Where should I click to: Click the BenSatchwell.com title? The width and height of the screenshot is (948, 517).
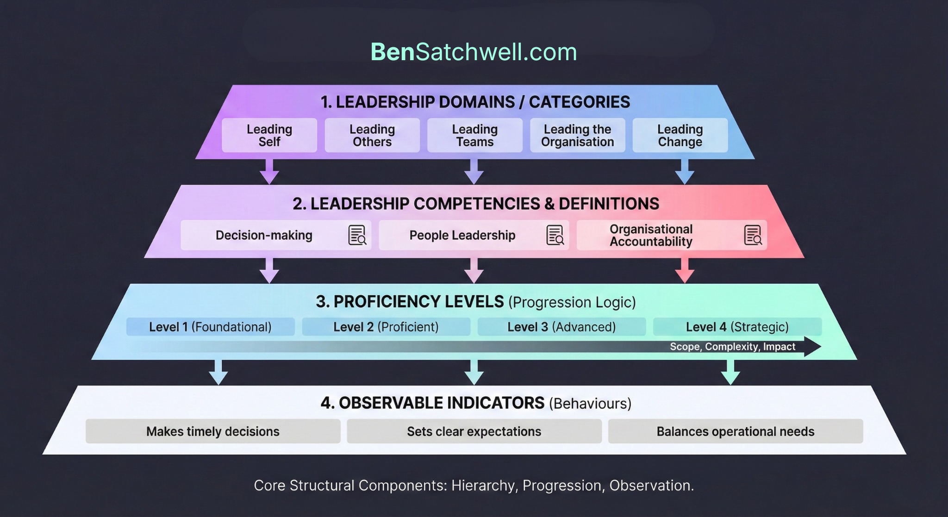(474, 52)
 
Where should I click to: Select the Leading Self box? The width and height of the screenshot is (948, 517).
(269, 135)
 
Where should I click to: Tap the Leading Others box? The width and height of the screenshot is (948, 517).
(372, 135)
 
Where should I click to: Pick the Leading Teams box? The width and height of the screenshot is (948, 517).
(475, 135)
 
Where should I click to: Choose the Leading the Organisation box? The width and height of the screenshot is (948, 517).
(577, 135)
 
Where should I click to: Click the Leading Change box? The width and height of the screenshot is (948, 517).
(680, 135)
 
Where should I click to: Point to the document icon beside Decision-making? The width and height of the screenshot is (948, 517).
(357, 235)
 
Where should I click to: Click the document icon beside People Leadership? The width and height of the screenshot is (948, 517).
(555, 235)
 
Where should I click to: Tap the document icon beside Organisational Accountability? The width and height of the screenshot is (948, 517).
(753, 235)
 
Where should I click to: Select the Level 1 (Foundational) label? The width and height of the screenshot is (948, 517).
(210, 327)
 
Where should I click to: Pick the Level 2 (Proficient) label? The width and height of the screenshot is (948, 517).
(386, 327)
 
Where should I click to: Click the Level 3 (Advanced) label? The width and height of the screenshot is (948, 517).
(561, 327)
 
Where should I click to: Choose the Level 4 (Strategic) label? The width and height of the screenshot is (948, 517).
(737, 327)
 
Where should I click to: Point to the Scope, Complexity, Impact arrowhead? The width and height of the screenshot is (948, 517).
(812, 346)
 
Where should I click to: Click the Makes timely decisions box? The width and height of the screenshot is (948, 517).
(213, 431)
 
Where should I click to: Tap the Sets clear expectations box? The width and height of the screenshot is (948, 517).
(474, 431)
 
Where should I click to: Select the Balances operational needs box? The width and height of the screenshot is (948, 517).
(735, 431)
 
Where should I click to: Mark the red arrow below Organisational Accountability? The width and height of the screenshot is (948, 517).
(685, 271)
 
